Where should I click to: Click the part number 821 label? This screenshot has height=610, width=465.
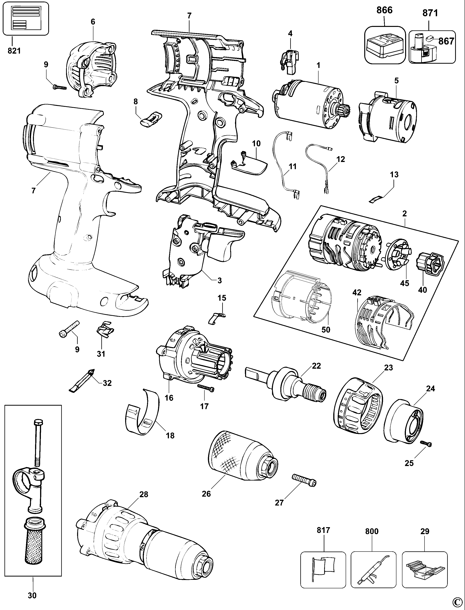pyautogui.click(x=14, y=51)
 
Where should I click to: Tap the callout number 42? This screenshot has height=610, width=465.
pyautogui.click(x=357, y=293)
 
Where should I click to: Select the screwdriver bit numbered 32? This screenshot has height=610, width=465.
pyautogui.click(x=82, y=380)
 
